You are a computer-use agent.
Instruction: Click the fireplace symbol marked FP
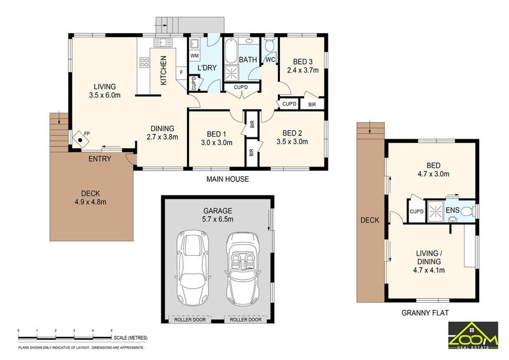81,140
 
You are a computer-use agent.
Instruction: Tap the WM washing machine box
194,56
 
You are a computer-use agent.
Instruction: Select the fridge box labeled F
181,73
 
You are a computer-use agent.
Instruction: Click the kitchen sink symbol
164,42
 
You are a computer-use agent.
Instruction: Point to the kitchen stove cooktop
144,62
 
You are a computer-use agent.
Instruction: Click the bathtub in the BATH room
230,51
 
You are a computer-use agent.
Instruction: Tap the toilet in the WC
269,45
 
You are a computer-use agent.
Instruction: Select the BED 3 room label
303,62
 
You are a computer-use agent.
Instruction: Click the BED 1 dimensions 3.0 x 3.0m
216,142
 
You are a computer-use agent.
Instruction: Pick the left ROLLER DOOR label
190,320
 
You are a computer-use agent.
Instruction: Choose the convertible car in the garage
242,269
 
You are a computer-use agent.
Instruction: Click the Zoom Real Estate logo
473,335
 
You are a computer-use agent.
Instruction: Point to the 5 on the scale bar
111,331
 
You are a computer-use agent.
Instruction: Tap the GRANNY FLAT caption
425,313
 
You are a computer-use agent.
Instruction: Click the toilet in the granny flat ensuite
466,212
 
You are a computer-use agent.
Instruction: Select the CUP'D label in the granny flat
417,212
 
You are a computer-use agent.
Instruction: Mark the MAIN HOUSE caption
228,179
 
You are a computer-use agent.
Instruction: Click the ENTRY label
100,159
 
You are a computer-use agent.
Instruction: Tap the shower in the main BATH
232,73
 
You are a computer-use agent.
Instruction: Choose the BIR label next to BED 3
312,104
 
